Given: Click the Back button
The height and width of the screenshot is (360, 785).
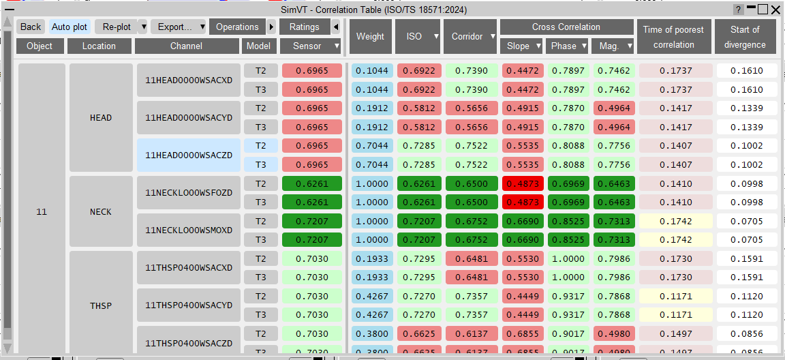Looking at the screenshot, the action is coord(31,27).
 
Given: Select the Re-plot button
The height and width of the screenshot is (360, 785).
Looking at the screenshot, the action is coord(116,27).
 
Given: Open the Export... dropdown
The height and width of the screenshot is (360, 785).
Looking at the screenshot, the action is coord(179,27).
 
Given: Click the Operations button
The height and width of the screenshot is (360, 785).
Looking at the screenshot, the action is coord(237,27).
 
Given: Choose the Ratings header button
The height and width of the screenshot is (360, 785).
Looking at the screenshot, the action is coord(305,27).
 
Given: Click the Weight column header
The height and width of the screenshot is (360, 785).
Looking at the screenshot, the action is coord(371,37).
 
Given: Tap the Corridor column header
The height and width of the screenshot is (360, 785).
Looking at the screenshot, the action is coord(470,37).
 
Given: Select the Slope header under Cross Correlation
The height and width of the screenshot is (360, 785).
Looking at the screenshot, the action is coord(522,46).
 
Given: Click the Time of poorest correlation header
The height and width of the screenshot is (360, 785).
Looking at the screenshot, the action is coord(674,37).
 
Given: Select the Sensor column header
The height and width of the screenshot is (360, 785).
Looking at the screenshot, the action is coord(311,46).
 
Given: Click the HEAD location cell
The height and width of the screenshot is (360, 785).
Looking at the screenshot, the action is coord(101,118).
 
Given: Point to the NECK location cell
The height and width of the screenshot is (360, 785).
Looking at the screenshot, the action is coord(101,211).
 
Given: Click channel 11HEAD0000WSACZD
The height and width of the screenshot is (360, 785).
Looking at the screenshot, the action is coord(189,155).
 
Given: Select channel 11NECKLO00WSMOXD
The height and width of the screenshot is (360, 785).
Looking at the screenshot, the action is coord(189,230).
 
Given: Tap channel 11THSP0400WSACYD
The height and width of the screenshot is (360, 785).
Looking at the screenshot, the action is coord(189,305).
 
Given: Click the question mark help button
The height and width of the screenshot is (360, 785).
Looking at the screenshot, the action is coord(739,10).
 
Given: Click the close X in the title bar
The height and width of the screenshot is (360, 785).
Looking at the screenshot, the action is coord(776,10).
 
